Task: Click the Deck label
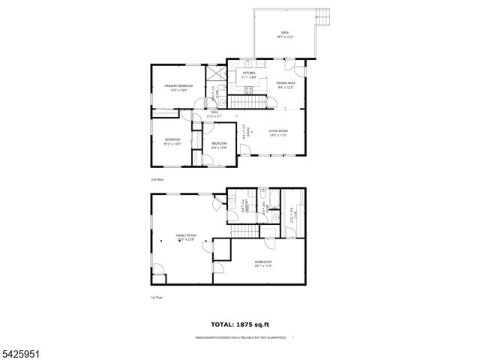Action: (x=285, y=34)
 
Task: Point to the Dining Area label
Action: (x=286, y=85)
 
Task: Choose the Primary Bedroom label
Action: (x=178, y=88)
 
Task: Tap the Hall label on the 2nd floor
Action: (x=214, y=115)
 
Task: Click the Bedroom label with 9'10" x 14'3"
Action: (x=173, y=142)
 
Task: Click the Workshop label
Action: (x=262, y=263)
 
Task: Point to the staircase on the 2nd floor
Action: (x=247, y=102)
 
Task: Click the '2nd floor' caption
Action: (x=157, y=180)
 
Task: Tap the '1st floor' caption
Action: (x=156, y=298)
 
